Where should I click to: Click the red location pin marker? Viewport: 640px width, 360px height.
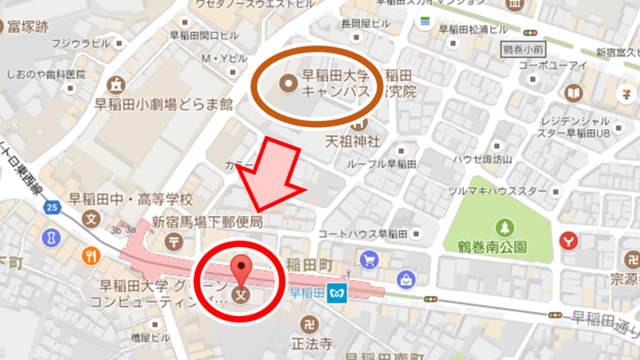(242, 269)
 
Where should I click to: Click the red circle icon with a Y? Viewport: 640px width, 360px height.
(569, 238)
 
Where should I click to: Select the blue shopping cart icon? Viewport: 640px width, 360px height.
(369, 260)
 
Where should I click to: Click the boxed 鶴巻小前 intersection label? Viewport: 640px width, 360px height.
(523, 49)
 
